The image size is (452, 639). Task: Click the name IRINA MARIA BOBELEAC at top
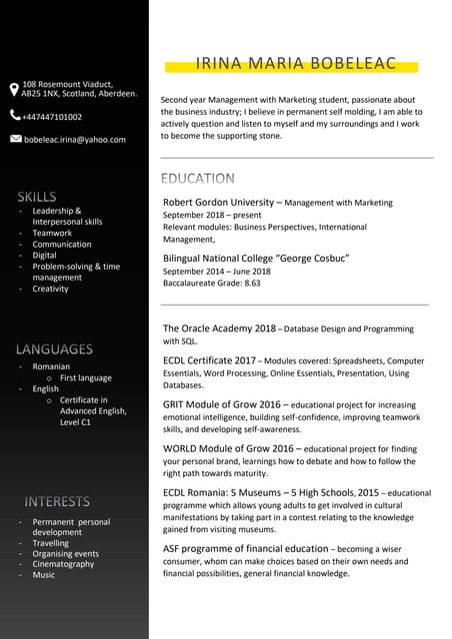(296, 65)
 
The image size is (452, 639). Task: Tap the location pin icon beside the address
(14, 90)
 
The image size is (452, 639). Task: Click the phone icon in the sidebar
(14, 116)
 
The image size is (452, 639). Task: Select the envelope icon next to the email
(14, 139)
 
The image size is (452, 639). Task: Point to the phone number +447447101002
(53, 117)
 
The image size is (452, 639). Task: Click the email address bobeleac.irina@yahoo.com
(75, 140)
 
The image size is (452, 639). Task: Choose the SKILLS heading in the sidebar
(36, 196)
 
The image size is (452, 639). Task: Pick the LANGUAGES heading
(54, 349)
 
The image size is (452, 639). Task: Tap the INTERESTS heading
(57, 501)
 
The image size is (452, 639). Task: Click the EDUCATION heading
(198, 179)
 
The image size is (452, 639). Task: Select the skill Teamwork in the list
(52, 233)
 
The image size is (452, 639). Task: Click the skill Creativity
(51, 289)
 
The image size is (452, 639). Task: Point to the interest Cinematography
(63, 564)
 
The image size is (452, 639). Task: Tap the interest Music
(44, 575)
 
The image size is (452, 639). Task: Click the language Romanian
(51, 367)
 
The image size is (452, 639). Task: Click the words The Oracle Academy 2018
(219, 327)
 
